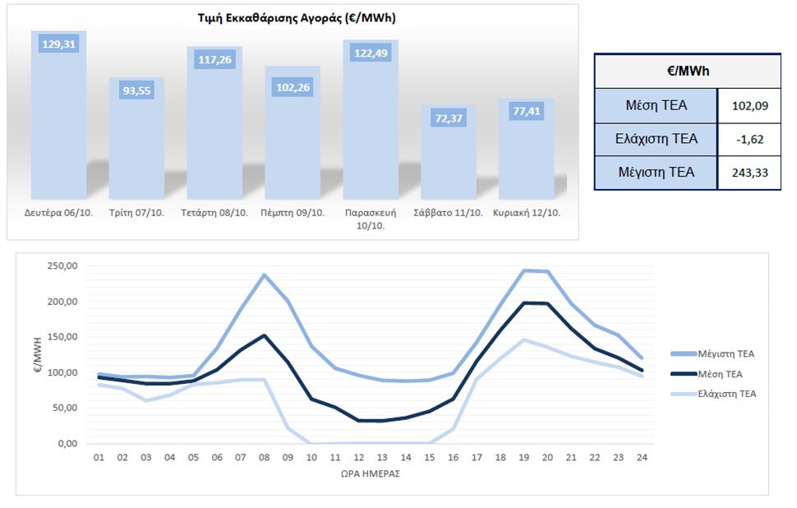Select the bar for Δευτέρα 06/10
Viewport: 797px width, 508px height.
point(58,115)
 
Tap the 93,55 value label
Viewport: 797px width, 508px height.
point(136,91)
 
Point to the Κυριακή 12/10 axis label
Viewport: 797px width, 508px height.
point(526,212)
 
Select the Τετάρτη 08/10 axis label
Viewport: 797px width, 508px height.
point(214,212)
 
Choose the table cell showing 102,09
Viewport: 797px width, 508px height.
point(749,105)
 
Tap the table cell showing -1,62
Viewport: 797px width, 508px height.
point(750,139)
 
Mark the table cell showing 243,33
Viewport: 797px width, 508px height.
point(749,173)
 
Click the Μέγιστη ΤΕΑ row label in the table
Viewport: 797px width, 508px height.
point(655,173)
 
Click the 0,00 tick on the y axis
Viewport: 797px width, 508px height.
point(66,444)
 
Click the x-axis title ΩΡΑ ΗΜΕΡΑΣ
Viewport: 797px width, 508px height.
point(371,475)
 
